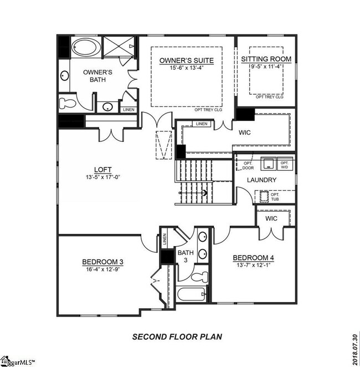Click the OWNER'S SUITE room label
coord(186,60)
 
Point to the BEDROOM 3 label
coord(102,262)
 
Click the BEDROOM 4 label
coord(253,257)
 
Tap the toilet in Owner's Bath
coord(67,102)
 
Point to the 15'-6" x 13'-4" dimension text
coord(186,68)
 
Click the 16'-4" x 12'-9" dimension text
coord(102,269)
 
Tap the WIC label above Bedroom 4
coord(271,218)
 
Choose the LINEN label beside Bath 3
coord(164,239)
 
